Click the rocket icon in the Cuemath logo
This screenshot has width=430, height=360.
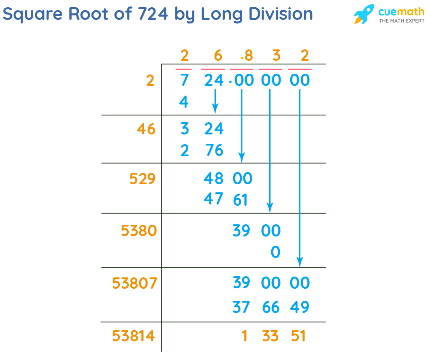click(x=364, y=14)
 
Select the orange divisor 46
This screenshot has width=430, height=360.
click(x=146, y=129)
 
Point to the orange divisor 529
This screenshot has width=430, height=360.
click(x=143, y=179)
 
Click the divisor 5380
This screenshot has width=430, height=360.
click(x=138, y=231)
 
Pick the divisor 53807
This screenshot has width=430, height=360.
click(x=134, y=283)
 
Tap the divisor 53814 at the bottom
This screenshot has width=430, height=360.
click(x=134, y=336)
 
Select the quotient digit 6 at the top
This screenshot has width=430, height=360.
click(x=218, y=55)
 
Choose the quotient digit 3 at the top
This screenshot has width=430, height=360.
click(x=277, y=55)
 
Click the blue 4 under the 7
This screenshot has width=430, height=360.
click(x=184, y=102)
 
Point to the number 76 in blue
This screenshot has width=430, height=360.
click(x=214, y=150)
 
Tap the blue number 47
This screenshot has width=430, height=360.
click(x=213, y=199)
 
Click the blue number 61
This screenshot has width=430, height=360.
click(x=241, y=200)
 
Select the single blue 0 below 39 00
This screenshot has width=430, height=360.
click(x=275, y=252)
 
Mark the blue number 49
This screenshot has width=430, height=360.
click(x=300, y=307)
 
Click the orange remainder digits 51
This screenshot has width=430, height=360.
click(x=298, y=336)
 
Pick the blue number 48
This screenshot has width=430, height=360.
click(x=213, y=178)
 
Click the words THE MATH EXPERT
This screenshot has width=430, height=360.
click(x=401, y=20)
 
